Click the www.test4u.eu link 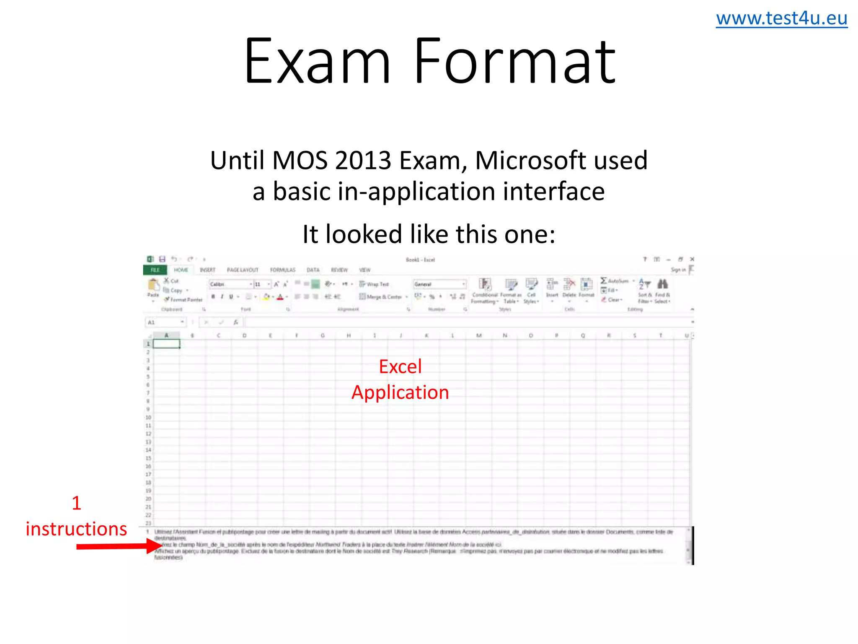781,19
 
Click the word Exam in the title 317,62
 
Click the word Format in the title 515,62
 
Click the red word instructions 76,529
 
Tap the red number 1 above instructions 76,503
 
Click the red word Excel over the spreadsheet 400,367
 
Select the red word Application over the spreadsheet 400,392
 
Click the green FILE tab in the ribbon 155,270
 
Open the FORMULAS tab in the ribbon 282,270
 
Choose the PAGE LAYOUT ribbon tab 243,270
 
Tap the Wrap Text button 375,284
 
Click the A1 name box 163,322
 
